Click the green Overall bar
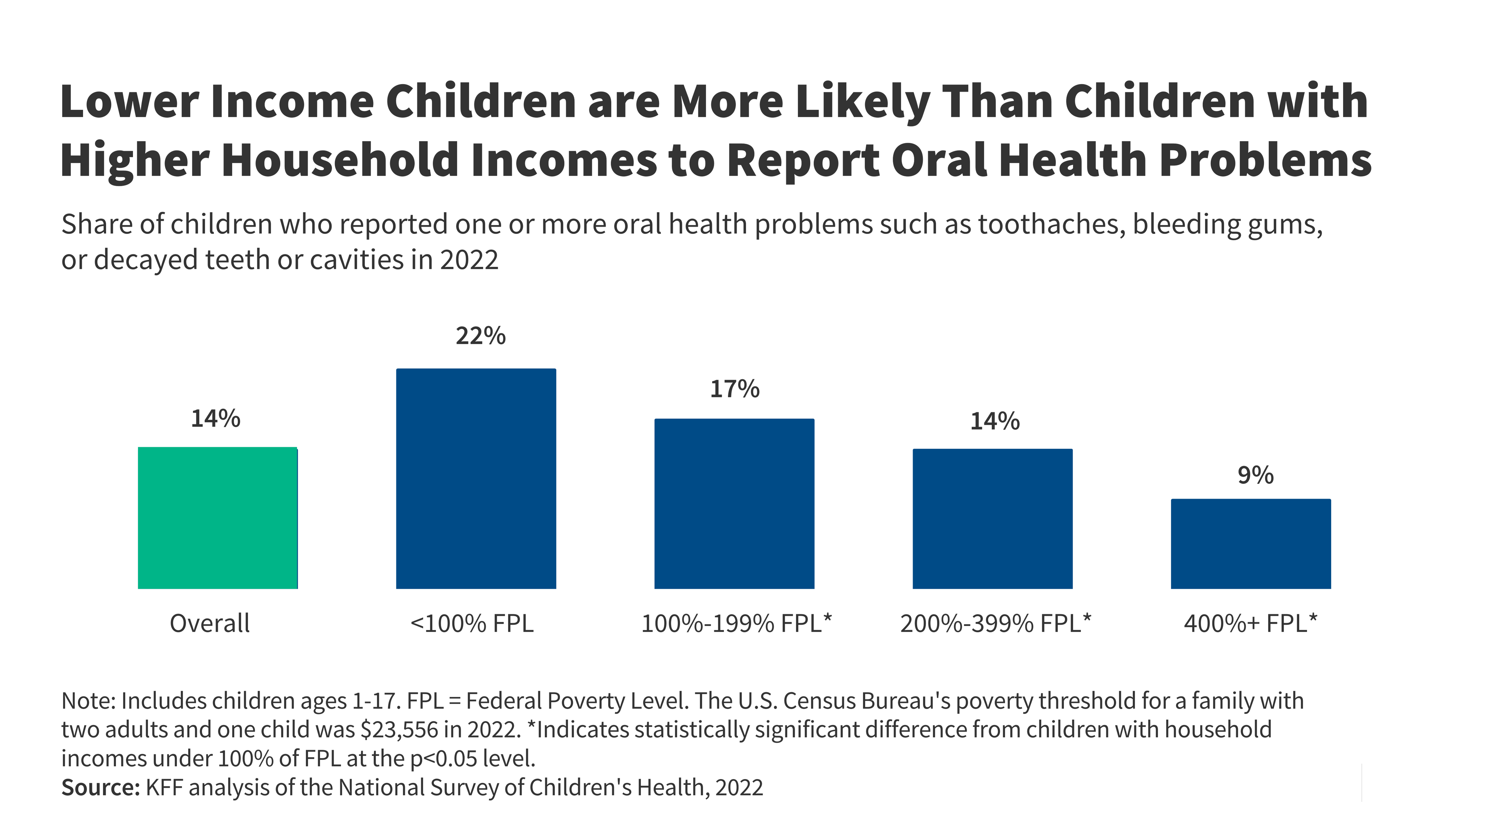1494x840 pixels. point(218,518)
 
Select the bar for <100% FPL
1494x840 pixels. point(476,478)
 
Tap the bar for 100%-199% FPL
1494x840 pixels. point(734,503)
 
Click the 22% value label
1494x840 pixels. point(480,336)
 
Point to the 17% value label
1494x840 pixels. point(734,389)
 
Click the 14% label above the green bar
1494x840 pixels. point(216,419)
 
